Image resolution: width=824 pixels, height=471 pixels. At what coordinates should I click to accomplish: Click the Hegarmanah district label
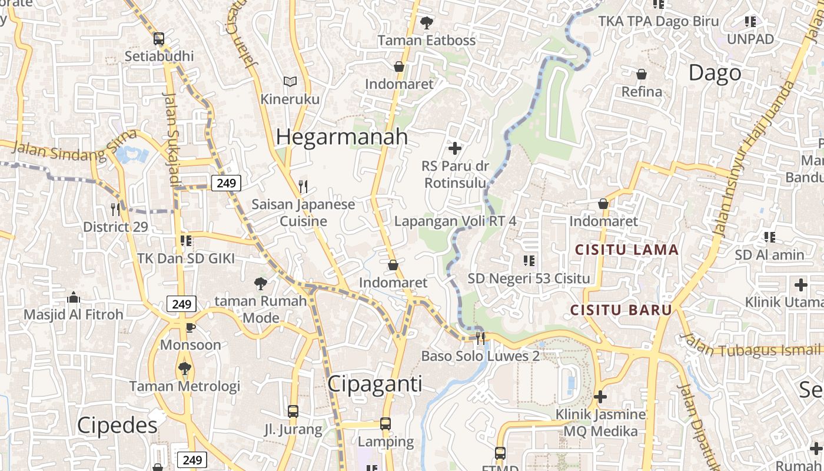point(341,137)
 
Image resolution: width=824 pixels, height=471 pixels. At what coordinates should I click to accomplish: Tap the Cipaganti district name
point(374,384)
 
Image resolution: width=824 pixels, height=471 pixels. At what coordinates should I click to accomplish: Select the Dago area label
point(715,73)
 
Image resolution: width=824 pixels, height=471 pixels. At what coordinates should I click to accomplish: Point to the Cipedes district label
point(117,425)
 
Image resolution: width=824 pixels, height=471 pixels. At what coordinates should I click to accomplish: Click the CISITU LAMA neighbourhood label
point(627,250)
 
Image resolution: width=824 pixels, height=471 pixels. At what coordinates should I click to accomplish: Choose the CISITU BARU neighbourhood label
point(621,310)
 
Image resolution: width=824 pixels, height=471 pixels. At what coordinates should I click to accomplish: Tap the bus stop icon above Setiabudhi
point(158,39)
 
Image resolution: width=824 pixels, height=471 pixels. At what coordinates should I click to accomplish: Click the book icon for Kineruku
point(290,81)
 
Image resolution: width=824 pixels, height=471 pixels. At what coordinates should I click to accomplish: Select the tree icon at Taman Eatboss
point(427,23)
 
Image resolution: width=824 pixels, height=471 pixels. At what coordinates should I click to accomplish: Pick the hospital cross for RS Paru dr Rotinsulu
point(454,148)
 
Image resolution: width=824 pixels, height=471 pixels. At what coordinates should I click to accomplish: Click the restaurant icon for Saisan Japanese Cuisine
point(303,187)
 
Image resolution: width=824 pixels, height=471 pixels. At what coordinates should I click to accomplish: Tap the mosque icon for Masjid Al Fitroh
point(74,297)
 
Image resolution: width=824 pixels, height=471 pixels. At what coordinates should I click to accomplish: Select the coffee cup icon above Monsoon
point(190,327)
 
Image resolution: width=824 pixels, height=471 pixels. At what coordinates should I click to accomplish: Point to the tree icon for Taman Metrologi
point(184,369)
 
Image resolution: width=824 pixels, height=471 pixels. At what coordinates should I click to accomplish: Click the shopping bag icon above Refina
point(642,74)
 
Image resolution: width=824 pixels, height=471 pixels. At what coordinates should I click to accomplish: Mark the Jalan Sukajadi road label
point(171,139)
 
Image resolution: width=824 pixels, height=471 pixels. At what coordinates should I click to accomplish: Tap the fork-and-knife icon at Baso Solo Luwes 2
point(480,337)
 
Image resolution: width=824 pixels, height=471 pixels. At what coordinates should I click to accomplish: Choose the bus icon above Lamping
point(385,424)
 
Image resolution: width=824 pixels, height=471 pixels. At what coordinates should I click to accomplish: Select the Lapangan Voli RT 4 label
point(455,221)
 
